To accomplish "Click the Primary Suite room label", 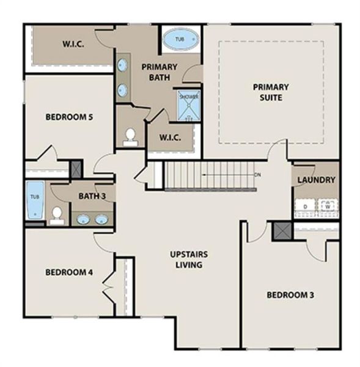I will pyautogui.click(x=270, y=92).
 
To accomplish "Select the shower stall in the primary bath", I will pyautogui.click(x=188, y=105).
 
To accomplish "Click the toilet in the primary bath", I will pyautogui.click(x=130, y=137).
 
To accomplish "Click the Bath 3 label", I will pyautogui.click(x=92, y=196).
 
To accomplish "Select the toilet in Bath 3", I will pyautogui.click(x=57, y=215).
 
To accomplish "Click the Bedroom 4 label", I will pyautogui.click(x=69, y=272).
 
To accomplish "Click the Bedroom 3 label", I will pyautogui.click(x=290, y=295).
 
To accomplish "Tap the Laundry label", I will pyautogui.click(x=316, y=180).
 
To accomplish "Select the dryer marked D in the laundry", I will pyautogui.click(x=304, y=207).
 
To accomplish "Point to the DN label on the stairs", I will pyautogui.click(x=258, y=175).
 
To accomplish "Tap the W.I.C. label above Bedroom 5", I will pyautogui.click(x=73, y=44).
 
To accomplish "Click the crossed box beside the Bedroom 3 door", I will pyautogui.click(x=282, y=231).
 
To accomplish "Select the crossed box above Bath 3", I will pyautogui.click(x=76, y=169).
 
